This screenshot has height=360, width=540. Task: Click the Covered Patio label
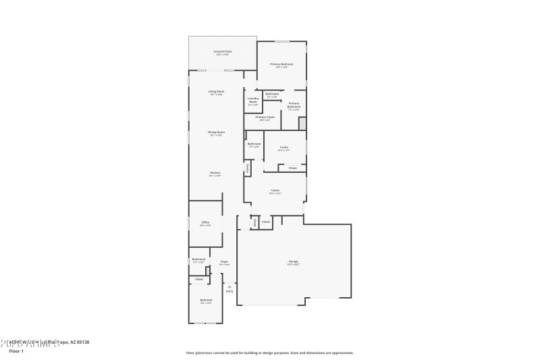222,52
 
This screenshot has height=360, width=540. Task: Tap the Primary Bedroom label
282,65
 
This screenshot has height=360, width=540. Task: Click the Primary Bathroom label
294,105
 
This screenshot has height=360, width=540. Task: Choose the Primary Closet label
265,118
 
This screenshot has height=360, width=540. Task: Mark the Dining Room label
216,133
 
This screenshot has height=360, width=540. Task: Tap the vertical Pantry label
248,169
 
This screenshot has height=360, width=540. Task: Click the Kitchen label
215,174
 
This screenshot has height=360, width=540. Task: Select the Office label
205,223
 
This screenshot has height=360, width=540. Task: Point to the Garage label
294,262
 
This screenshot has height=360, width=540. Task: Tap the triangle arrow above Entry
230,286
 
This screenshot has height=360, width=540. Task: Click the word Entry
230,291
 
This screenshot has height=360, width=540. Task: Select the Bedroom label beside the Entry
206,301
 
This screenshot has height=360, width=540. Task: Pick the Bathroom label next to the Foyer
198,260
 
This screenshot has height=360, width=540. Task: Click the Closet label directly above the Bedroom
199,279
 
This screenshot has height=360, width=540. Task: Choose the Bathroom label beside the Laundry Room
272,95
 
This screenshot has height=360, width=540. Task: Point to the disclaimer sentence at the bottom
269,353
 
